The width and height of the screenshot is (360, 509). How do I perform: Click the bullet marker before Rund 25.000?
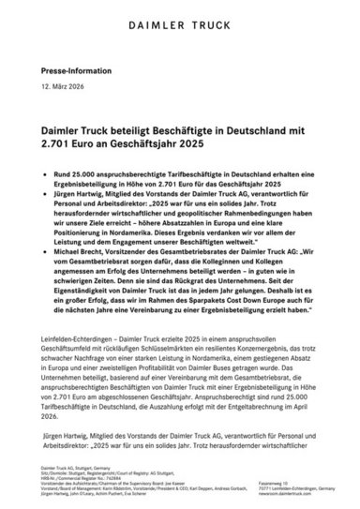point(45,174)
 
